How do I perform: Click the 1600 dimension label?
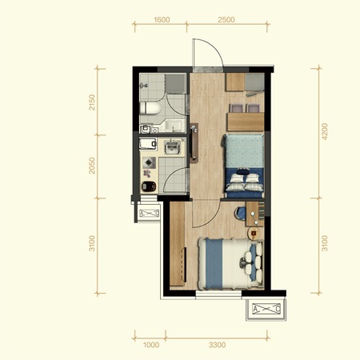click(162, 20)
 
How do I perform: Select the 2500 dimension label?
click(226, 20)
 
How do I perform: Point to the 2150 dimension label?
click(92, 102)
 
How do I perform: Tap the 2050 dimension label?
click(92, 166)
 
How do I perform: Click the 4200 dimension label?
click(325, 131)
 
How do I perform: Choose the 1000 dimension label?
click(151, 345)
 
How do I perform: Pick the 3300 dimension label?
click(218, 345)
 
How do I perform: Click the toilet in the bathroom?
click(150, 108)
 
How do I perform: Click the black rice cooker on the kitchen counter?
click(149, 186)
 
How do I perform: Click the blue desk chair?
click(241, 214)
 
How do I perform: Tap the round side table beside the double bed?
click(254, 234)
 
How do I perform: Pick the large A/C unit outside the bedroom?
click(266, 309)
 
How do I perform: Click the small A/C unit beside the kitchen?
click(149, 214)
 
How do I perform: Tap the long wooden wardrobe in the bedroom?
click(177, 244)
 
